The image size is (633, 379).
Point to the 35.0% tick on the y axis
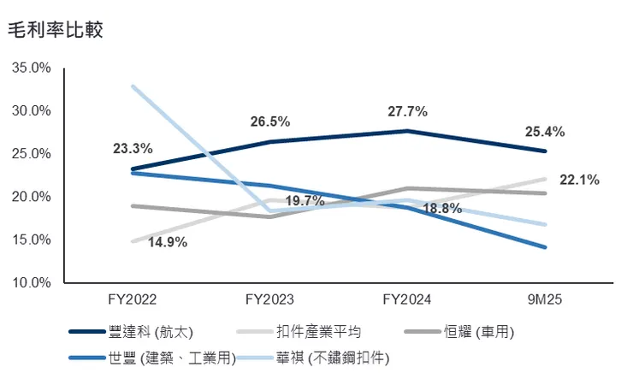(x=33, y=68)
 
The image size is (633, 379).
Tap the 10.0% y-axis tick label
(x=33, y=282)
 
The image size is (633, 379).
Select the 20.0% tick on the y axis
(x=33, y=197)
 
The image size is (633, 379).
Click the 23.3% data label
(x=133, y=148)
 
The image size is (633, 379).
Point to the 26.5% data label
(x=269, y=121)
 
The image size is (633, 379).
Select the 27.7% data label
(x=406, y=111)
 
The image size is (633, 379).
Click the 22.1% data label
(x=578, y=180)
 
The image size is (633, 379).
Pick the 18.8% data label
(x=441, y=208)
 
